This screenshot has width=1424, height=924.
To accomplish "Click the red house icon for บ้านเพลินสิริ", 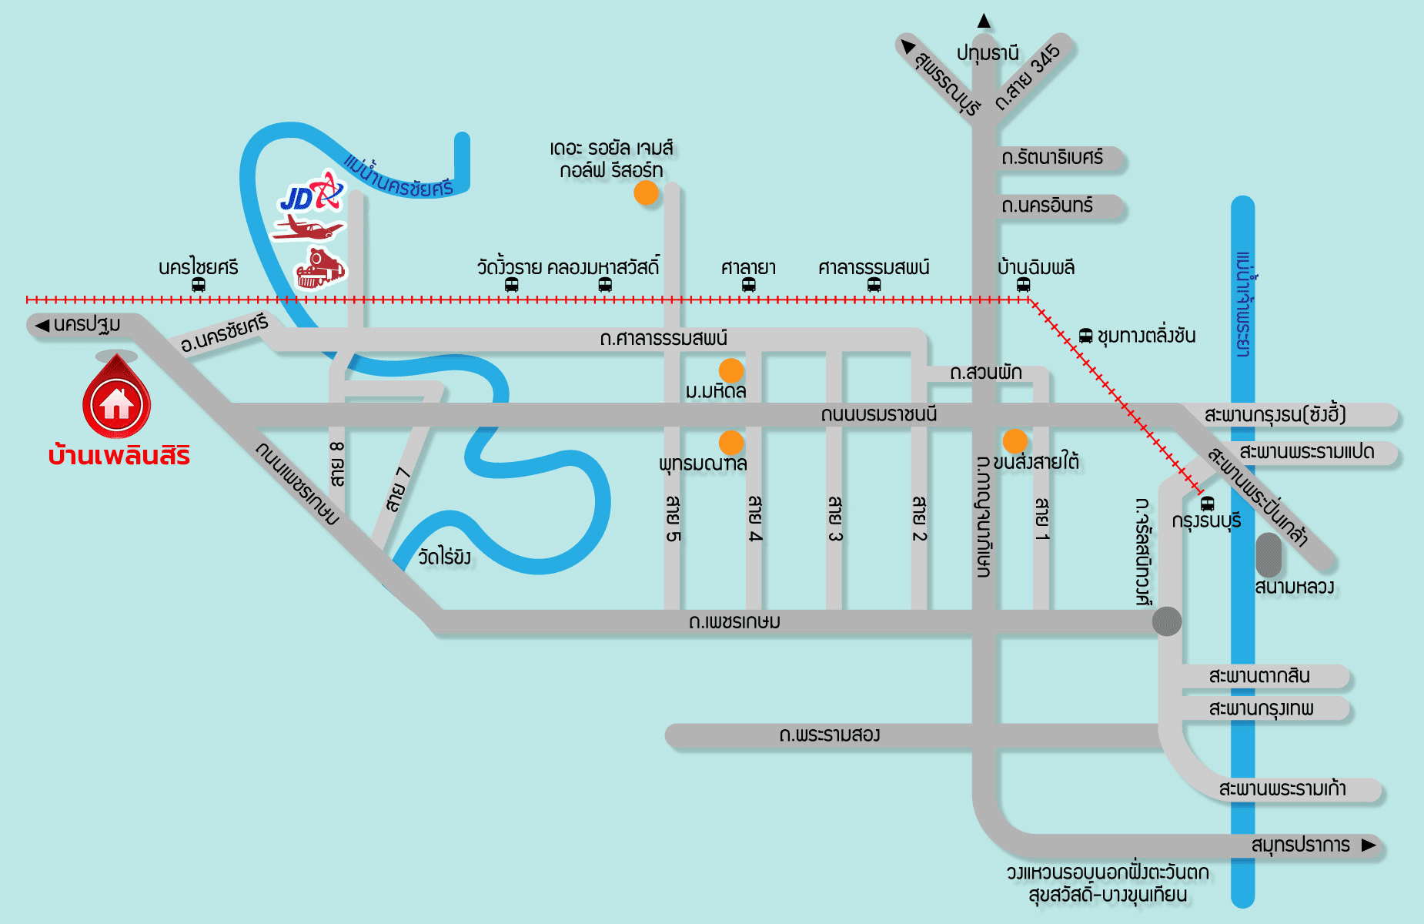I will point(116,403).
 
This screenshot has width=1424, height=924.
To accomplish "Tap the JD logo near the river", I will point(311,193).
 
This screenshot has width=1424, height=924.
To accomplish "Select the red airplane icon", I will point(308,229).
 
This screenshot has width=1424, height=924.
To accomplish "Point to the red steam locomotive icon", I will point(321,268).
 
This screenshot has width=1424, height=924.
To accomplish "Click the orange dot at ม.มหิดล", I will point(730,370).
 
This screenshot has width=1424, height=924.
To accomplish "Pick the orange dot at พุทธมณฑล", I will point(730,442).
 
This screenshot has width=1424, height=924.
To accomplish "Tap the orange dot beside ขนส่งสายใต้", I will point(1015,440).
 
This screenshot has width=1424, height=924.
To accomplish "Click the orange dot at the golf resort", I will point(646,192).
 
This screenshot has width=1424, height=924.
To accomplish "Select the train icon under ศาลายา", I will point(748,285).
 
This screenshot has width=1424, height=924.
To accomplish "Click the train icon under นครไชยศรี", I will point(198,285).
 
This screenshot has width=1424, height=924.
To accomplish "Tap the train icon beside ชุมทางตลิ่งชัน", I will point(1085,336).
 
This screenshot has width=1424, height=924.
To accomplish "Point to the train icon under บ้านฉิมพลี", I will point(1023,285).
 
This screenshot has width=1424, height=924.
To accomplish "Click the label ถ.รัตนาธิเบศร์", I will point(1052,158).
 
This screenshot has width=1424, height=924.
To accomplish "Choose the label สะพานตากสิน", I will point(1259,676).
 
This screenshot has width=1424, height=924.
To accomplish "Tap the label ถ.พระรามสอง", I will point(829,735).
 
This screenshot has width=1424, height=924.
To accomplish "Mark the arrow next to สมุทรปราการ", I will point(1368,845).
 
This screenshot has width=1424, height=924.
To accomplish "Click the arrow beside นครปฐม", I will point(42,325).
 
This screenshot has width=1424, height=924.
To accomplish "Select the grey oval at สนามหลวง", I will point(1268,554).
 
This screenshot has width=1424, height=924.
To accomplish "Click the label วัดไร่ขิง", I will point(444,557).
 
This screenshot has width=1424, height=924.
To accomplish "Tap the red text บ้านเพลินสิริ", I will point(119,456).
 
